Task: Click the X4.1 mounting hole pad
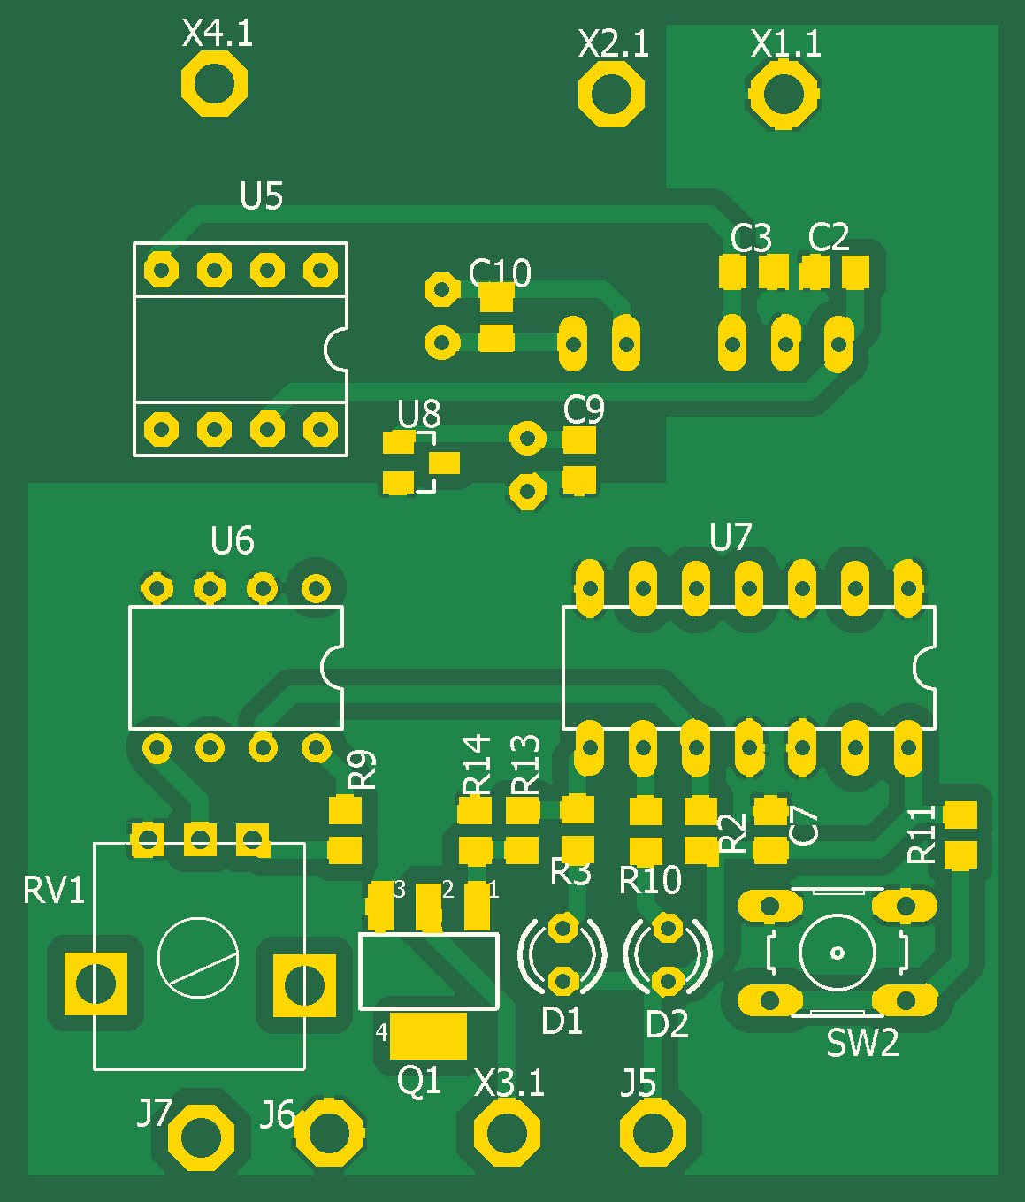coord(214,83)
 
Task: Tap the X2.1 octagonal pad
coord(611,94)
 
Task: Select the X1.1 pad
coord(784,94)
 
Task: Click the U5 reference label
coord(261,195)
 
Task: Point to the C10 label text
coord(500,272)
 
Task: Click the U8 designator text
coord(418,413)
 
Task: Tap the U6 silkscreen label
coord(232,540)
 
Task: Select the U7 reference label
coord(731,537)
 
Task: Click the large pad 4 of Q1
coord(428,1036)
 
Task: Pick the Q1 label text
coord(418,1081)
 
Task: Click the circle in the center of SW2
coord(838,953)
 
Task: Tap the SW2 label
coord(862,1043)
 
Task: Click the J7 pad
coord(201,1137)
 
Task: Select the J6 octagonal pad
coord(330,1133)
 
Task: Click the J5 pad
coord(653,1133)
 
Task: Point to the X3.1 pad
coord(507,1133)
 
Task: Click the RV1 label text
coord(53,890)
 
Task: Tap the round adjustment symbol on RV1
coord(198,958)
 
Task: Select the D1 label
coord(562,1022)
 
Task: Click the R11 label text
coord(922,834)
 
